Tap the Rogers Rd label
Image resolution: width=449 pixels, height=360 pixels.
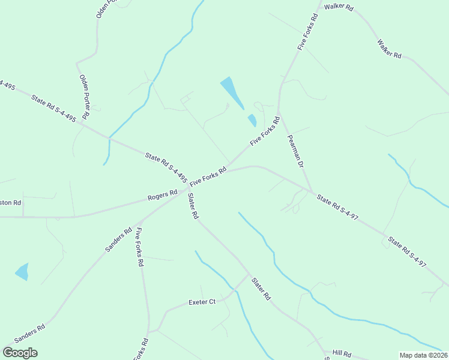coord(163,195)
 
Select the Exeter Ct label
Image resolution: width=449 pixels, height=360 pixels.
coord(202,302)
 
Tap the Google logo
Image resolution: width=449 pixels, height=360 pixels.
coord(20,353)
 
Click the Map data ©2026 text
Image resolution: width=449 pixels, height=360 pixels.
coord(424,355)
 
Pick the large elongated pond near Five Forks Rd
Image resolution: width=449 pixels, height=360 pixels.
coord(232,92)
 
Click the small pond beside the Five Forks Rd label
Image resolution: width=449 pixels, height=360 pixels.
coord(252,120)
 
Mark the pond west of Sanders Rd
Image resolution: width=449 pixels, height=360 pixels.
coord(22,272)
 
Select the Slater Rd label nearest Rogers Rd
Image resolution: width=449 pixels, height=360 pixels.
coord(193,206)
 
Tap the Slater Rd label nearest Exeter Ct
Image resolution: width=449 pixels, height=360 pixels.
coord(261,289)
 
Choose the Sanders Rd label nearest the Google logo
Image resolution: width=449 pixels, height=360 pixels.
coord(29,334)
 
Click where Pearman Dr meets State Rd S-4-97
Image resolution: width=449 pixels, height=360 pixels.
coord(312,192)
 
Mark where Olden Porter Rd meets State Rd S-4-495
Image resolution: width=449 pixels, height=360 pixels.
coord(82,124)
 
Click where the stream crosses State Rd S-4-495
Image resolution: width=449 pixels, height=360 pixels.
coord(109,138)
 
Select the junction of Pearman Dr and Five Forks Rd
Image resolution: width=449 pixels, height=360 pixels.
coord(280,112)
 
